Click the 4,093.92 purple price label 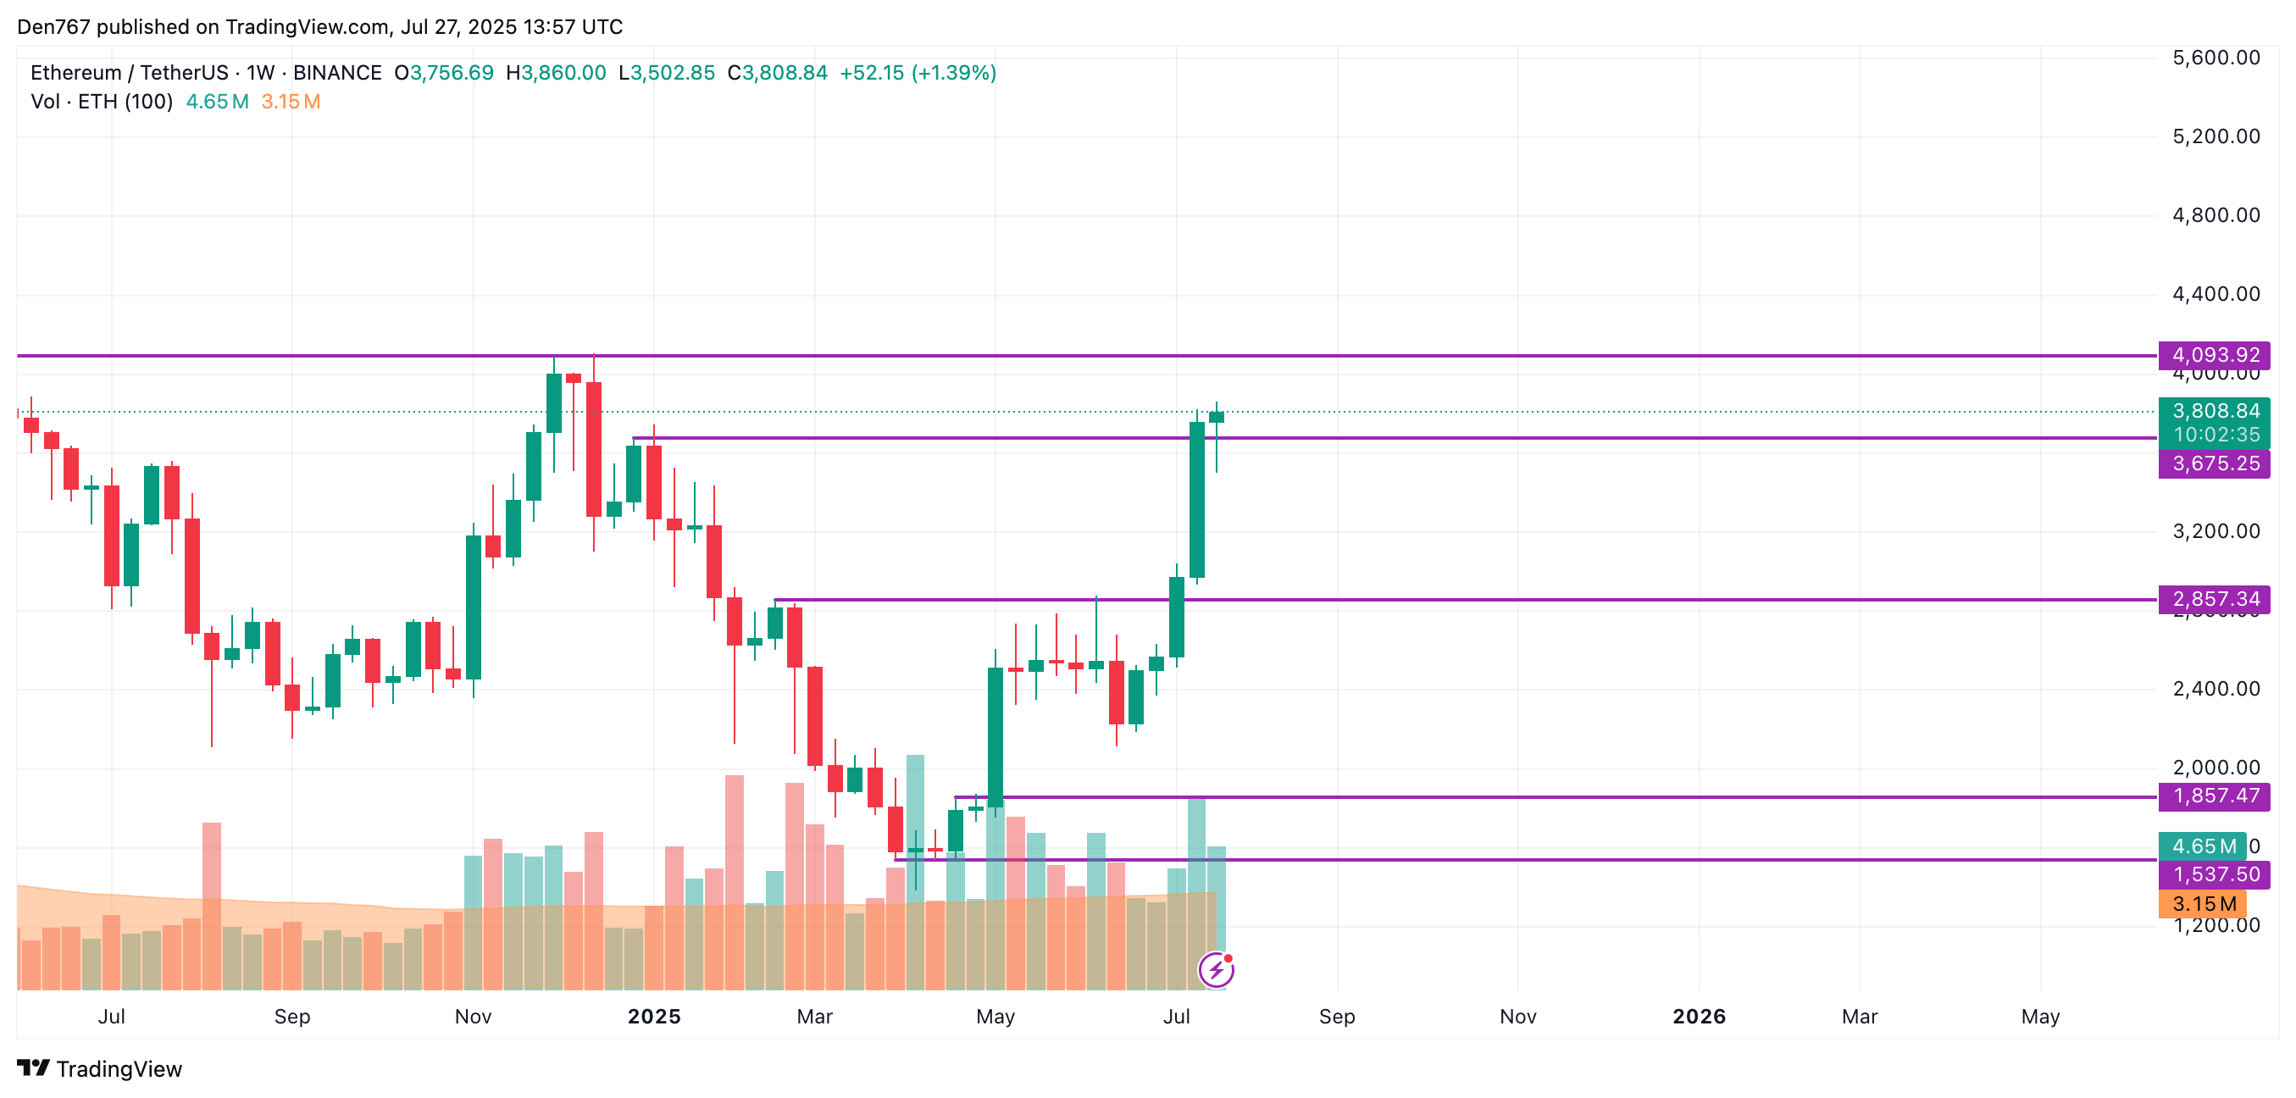point(2214,355)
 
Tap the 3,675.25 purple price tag point(2214,463)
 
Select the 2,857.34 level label point(2214,599)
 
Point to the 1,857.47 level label point(2214,796)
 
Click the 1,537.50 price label point(2214,874)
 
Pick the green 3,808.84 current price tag point(2214,412)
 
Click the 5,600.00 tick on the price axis point(2216,58)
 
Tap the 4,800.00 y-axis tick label point(2216,215)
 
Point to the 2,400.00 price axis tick point(2216,688)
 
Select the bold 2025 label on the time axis point(653,1016)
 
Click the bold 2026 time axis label point(1699,1016)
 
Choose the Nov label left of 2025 point(473,1016)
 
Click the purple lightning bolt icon point(1217,970)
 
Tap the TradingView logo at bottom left point(99,1068)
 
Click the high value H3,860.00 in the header point(556,73)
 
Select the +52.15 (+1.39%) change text point(918,73)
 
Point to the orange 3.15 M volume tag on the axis point(2203,904)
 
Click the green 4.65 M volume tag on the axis point(2203,846)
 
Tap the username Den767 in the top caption point(53,27)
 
